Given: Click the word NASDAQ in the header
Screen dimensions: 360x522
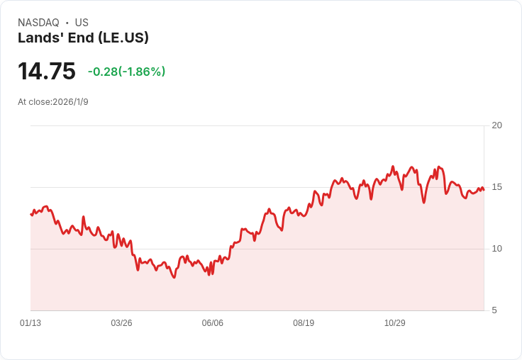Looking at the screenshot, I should [38, 23].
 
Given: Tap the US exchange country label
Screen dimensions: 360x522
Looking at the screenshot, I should [82, 23].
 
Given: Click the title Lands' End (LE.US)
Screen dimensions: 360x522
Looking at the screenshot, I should [83, 38].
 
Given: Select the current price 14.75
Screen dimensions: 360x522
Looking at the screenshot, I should [47, 72].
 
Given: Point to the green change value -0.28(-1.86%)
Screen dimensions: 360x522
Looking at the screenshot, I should [126, 72].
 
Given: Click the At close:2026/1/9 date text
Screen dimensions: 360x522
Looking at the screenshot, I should [53, 102].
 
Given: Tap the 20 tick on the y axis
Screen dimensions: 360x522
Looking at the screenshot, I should [496, 125].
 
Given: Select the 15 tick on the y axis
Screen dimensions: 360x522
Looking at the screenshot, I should [496, 187].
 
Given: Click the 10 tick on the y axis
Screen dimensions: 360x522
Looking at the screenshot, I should [496, 249].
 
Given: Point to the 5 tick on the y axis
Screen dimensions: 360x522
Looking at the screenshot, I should [494, 310].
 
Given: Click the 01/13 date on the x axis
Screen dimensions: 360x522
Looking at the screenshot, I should [30, 323].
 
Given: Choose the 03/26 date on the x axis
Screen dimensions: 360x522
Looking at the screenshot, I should [121, 323].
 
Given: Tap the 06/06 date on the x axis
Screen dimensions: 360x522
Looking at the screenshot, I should [213, 323].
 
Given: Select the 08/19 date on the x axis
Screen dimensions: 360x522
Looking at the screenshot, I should [304, 323].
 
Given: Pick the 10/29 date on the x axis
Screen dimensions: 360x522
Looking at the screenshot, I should [394, 323].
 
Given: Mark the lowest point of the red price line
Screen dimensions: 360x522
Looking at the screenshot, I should [174, 277].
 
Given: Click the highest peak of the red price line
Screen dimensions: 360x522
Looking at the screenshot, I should [393, 167].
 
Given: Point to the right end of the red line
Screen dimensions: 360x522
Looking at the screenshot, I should [484, 189].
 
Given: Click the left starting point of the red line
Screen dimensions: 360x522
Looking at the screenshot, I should [31, 214].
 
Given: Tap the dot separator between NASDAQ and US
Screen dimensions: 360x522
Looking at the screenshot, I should [67, 23].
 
